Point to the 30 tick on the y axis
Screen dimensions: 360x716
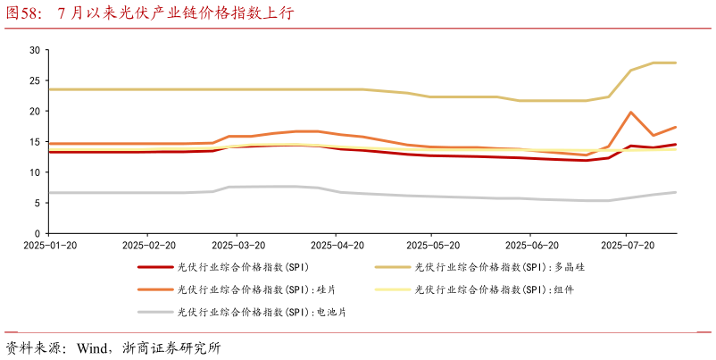tap(35, 50)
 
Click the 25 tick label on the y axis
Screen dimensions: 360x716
tap(35, 80)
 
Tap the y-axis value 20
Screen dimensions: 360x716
tap(35, 111)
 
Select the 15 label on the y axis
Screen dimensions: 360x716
tap(35, 141)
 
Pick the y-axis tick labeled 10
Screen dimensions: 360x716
tap(35, 172)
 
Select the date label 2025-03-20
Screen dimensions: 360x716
tap(237, 245)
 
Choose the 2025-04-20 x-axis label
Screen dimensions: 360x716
tap(336, 245)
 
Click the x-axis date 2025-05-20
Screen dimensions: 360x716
tap(432, 245)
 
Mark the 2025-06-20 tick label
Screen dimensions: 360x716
tap(531, 245)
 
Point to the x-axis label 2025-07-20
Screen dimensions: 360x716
tap(628, 245)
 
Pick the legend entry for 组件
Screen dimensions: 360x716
tap(499, 289)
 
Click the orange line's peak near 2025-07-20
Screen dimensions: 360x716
tap(631, 113)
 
